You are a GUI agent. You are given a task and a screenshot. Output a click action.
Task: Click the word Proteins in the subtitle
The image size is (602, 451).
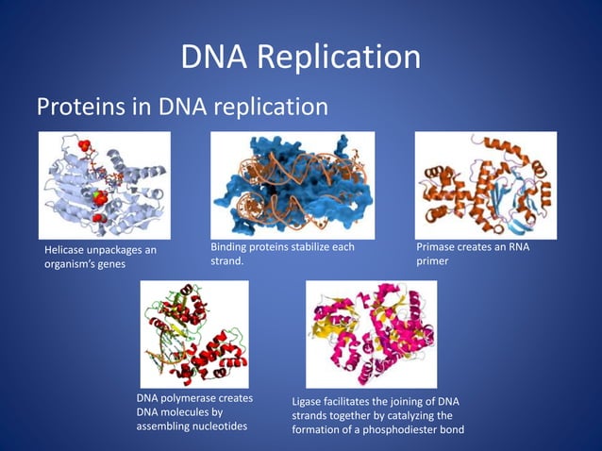(x=78, y=108)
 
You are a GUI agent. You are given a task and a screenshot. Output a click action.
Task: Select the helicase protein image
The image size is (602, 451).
(x=104, y=184)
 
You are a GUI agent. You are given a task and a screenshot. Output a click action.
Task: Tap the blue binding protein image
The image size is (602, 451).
(x=292, y=184)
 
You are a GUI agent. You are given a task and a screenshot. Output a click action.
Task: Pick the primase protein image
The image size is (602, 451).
(x=485, y=184)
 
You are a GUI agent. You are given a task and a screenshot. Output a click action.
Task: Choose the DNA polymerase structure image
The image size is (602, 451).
(x=193, y=334)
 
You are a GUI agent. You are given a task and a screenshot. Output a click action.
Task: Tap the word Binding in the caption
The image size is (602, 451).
(x=229, y=248)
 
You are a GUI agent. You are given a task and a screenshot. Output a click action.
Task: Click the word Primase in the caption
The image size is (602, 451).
(x=437, y=248)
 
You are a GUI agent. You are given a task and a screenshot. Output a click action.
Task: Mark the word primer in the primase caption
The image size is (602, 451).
(x=433, y=261)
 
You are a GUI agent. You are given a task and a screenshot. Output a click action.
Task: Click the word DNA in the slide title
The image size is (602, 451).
(x=216, y=58)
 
